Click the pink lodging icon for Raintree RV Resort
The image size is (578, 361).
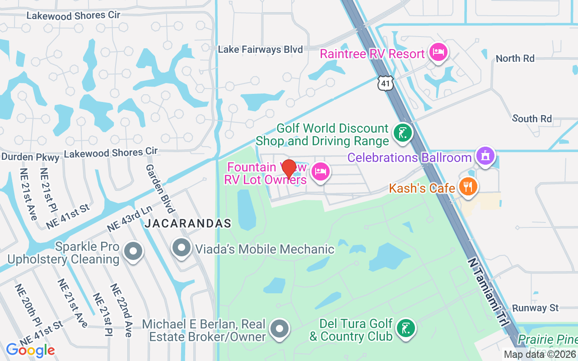(x=438, y=52)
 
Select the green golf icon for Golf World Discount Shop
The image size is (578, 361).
(x=402, y=133)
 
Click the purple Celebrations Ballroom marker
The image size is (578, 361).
(x=485, y=156)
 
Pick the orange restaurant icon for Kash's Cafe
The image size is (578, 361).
(x=467, y=187)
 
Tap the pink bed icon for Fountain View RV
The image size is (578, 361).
(x=320, y=171)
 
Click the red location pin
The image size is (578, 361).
(x=289, y=169)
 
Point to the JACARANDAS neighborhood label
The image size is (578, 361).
(x=188, y=223)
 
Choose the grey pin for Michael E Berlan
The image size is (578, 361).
(x=280, y=329)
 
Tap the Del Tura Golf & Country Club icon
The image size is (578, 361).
(x=405, y=329)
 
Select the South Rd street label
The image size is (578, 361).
(x=532, y=119)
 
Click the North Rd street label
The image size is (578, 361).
(x=515, y=58)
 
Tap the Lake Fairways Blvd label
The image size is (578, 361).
(x=260, y=50)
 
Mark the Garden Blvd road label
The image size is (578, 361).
(x=160, y=188)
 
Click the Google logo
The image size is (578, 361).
(x=30, y=350)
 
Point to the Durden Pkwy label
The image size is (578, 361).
(x=30, y=157)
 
